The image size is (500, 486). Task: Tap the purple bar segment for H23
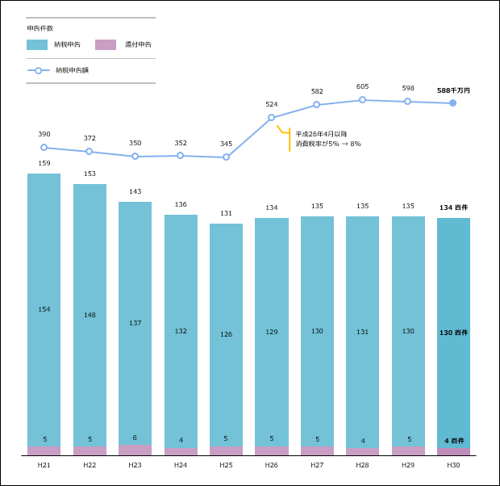point(135,450)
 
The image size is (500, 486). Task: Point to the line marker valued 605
point(362,99)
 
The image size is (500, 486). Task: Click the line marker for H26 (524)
point(271,117)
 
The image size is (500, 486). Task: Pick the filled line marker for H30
point(452,103)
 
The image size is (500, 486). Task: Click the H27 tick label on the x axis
point(317,465)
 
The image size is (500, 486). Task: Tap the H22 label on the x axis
point(90,465)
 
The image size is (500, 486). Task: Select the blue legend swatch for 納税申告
point(37,44)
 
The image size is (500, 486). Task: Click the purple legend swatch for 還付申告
point(106,44)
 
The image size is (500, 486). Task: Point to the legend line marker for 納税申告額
point(38,70)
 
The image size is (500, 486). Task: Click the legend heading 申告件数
point(40,28)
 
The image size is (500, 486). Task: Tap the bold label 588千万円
point(453,90)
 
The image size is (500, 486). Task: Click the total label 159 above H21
point(44,164)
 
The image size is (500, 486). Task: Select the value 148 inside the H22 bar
point(90,315)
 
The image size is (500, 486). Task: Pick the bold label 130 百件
point(453,333)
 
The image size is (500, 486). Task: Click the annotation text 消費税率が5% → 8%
point(328,144)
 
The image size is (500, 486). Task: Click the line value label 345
point(226,144)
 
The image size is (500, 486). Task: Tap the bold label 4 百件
point(454,441)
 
